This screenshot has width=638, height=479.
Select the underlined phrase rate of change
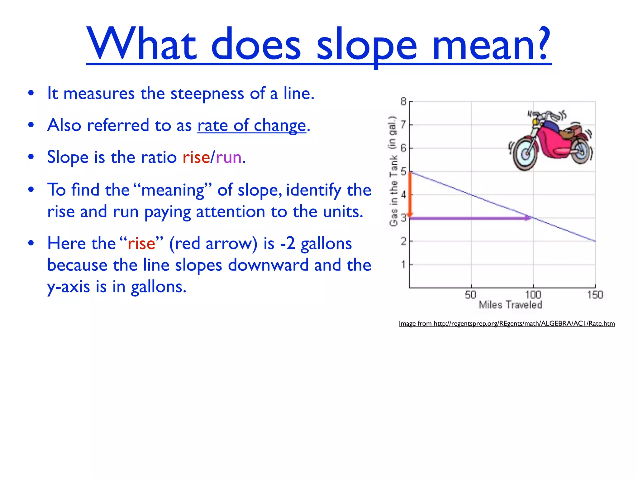point(252,125)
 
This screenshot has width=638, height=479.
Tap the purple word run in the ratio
point(229,157)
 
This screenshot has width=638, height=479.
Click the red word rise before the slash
point(196,157)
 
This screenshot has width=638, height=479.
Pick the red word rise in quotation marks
point(141,244)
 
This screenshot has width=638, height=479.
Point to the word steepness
point(207,93)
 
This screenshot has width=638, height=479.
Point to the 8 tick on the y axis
point(403,102)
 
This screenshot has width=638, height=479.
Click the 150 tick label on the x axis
point(595,295)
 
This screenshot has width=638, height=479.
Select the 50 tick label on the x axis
point(470,295)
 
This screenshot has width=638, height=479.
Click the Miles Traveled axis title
point(510,305)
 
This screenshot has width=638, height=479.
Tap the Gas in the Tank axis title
point(393,171)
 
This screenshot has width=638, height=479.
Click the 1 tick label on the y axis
point(403,265)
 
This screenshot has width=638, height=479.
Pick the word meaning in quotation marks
point(173,190)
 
